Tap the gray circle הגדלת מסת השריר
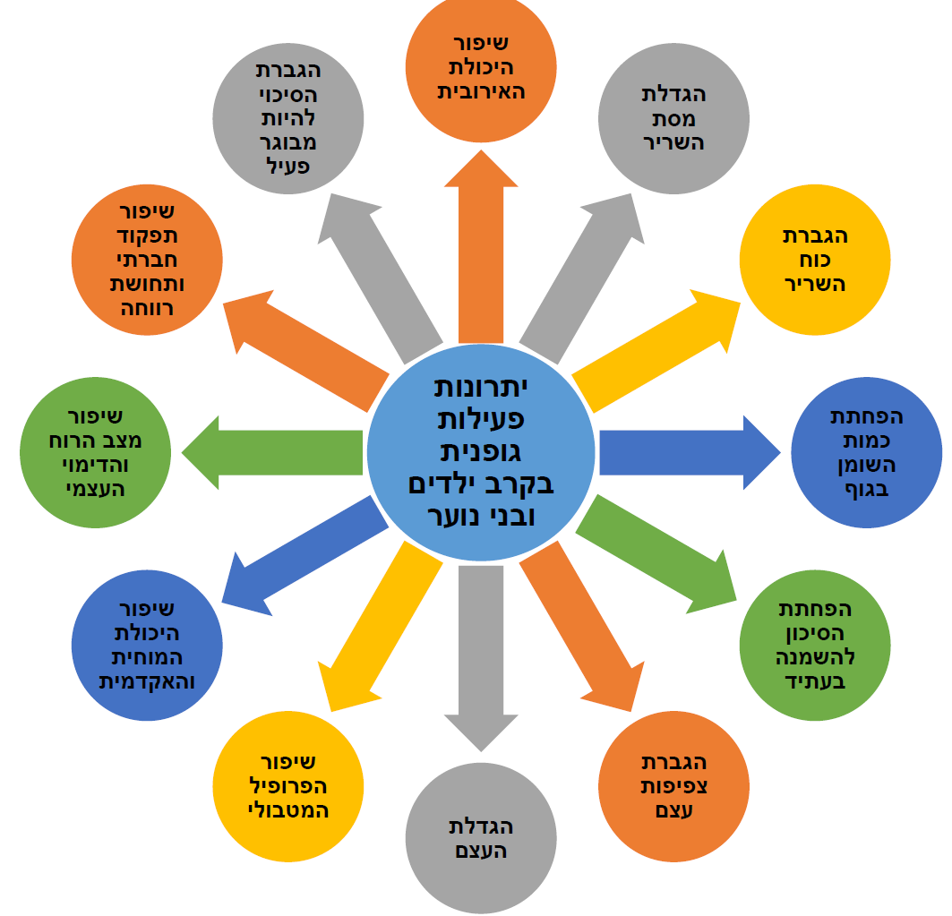pos(673,118)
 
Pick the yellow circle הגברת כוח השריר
pos(815,261)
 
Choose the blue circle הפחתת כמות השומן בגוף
pos(866,454)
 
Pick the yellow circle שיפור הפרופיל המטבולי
pos(288,786)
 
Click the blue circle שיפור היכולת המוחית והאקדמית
pos(147,645)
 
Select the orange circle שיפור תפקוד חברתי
pos(147,261)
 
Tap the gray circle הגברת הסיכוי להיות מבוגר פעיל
pos(288,118)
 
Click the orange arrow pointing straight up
pos(481,251)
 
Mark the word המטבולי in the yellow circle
pos(288,810)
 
